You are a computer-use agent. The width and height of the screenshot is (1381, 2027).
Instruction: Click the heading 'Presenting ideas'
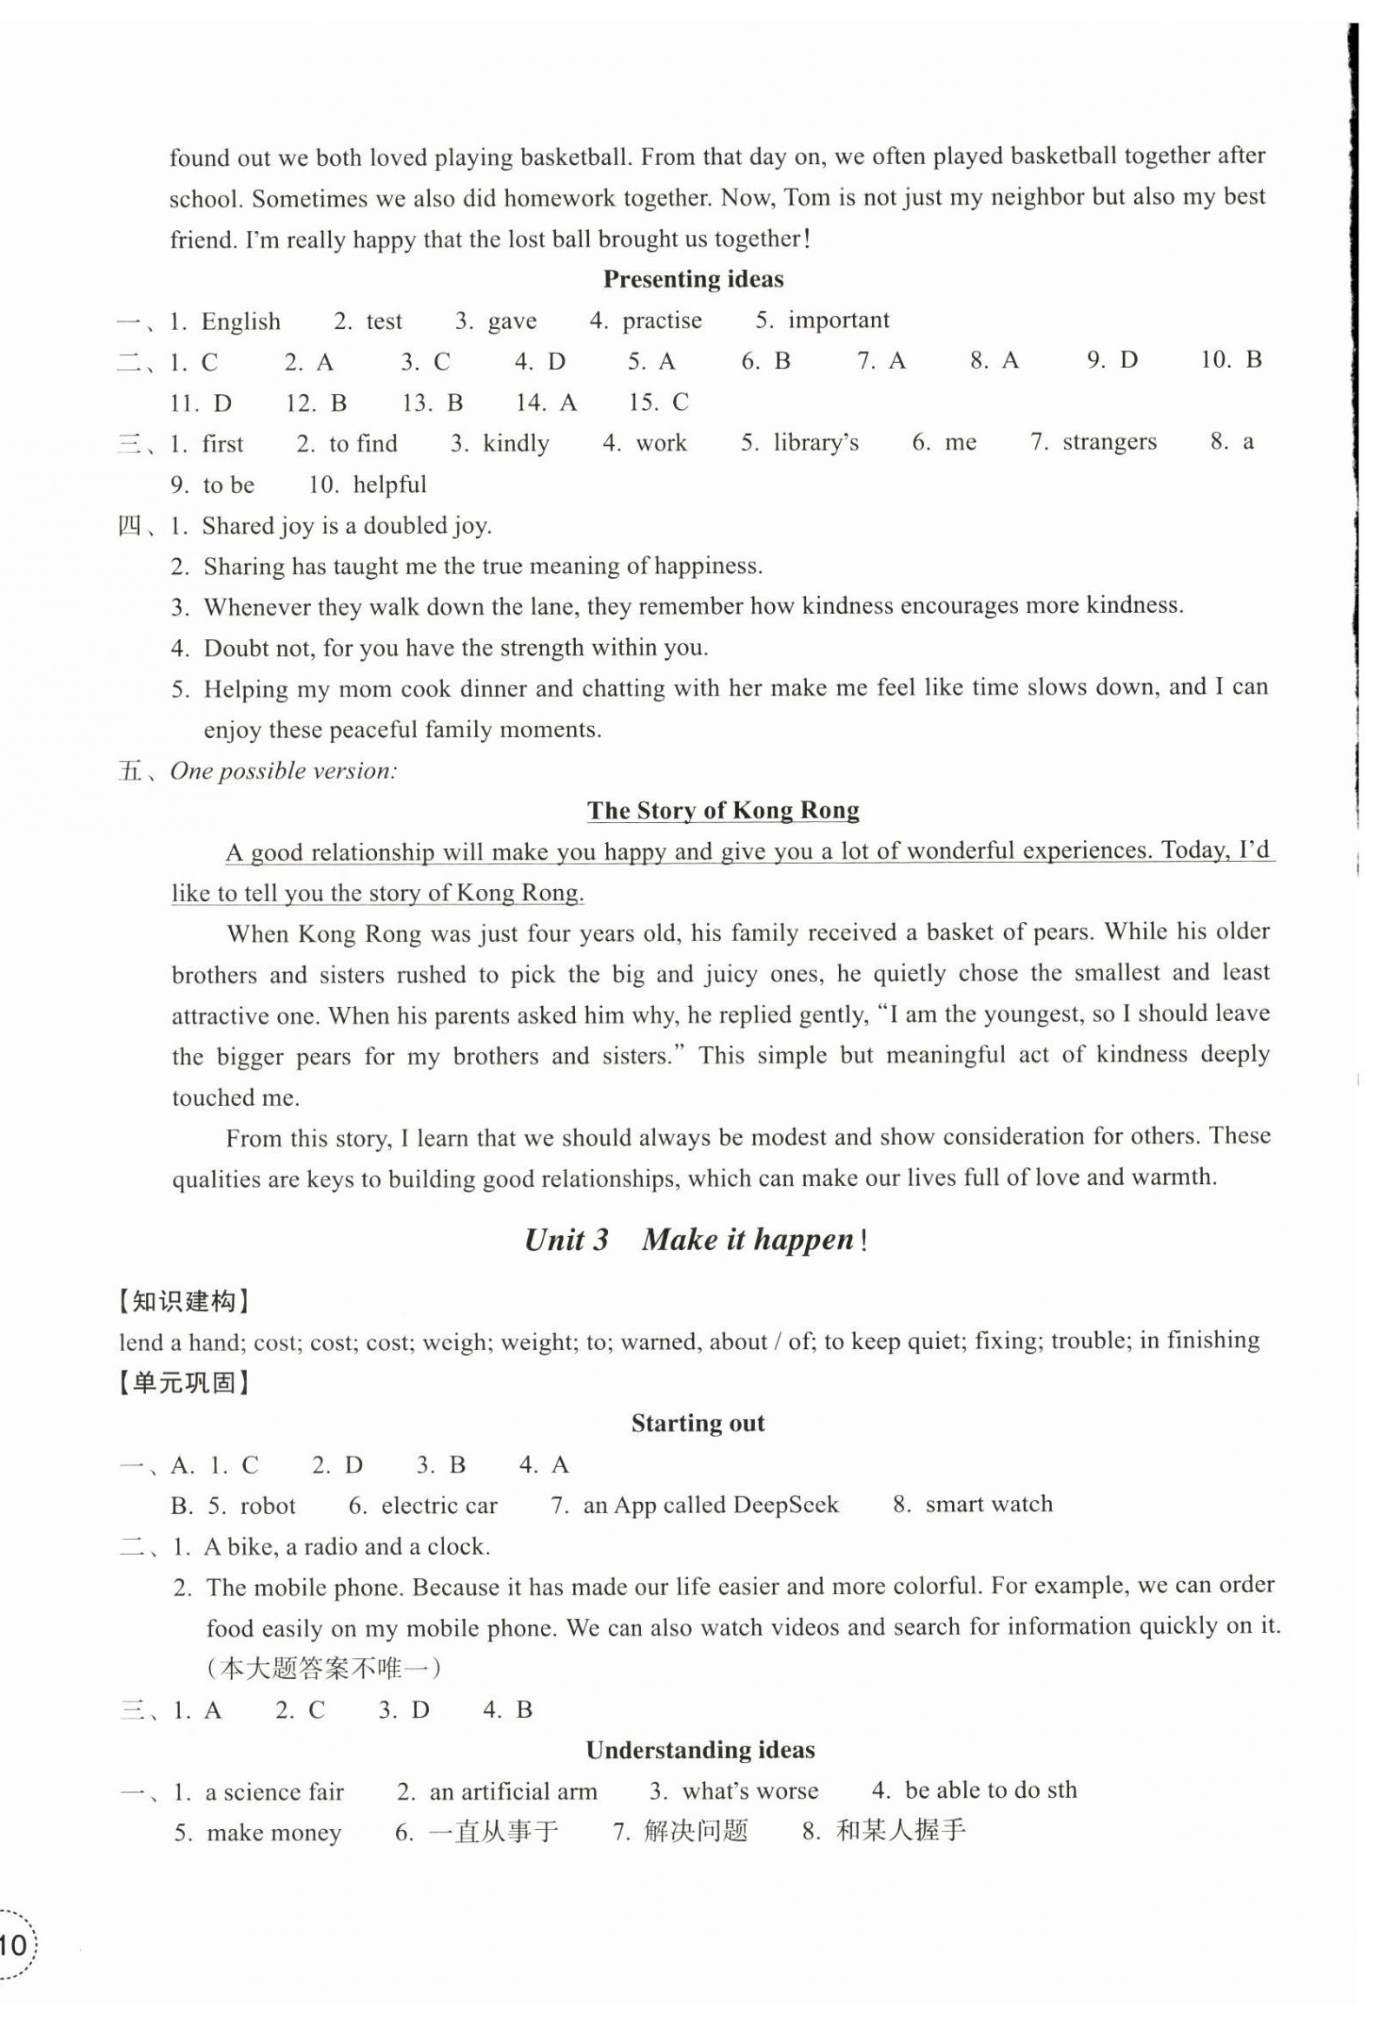click(693, 280)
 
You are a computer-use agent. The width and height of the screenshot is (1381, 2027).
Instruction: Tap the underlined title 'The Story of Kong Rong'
click(723, 810)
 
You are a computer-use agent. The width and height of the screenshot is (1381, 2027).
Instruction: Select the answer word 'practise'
click(661, 320)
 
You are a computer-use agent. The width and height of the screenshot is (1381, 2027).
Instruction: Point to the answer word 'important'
click(838, 320)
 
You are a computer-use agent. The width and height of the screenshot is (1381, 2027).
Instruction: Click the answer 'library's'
click(816, 443)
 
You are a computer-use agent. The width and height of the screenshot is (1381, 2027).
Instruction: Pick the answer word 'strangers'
click(1109, 442)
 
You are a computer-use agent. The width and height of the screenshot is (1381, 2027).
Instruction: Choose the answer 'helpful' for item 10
click(389, 485)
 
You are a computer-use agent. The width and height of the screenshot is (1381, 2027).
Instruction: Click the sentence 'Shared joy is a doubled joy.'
click(347, 526)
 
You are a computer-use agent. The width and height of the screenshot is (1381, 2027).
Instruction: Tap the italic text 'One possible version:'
click(283, 771)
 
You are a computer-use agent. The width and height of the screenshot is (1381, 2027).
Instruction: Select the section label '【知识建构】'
click(184, 1301)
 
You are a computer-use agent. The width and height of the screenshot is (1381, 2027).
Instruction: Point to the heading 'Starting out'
click(698, 1424)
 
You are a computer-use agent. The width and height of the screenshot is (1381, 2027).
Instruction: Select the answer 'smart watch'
click(988, 1504)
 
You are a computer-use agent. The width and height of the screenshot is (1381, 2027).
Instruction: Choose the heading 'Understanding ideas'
click(700, 1749)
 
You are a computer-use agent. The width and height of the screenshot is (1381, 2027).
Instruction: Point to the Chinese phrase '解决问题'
click(696, 1832)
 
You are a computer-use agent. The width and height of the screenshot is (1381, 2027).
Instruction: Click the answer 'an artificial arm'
click(513, 1792)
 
